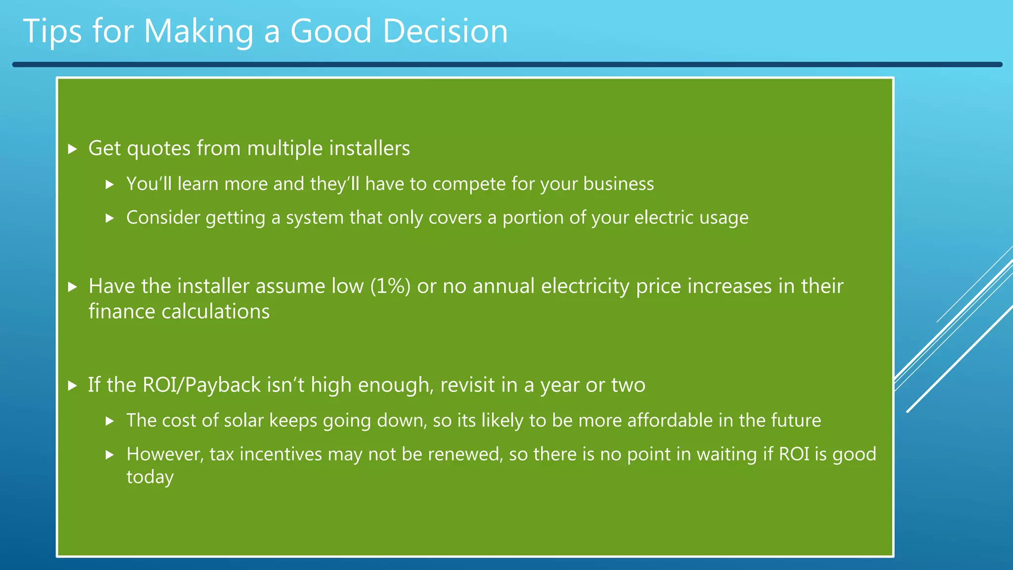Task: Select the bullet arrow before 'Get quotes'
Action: tap(73, 149)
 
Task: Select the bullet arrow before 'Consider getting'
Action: tap(110, 218)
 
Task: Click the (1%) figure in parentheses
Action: tap(390, 286)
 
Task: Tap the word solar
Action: tap(243, 421)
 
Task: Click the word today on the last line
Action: tap(150, 477)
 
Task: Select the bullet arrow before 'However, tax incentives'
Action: tap(110, 455)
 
